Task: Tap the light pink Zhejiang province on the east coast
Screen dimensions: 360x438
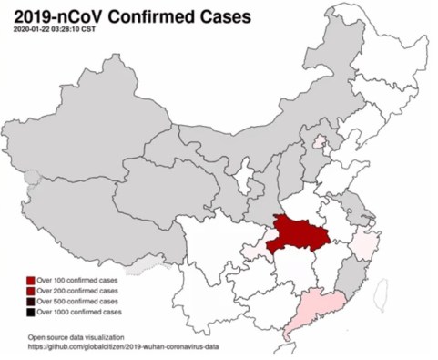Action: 364,243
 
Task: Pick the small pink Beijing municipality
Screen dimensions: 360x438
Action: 319,144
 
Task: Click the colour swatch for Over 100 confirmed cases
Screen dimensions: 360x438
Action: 31,280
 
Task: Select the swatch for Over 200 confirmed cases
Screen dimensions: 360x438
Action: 31,291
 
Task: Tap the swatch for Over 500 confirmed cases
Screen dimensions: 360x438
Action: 31,302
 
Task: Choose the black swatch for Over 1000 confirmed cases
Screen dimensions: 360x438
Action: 31,313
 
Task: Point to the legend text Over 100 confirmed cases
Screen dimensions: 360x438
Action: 77,280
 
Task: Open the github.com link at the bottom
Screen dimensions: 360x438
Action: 122,347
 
